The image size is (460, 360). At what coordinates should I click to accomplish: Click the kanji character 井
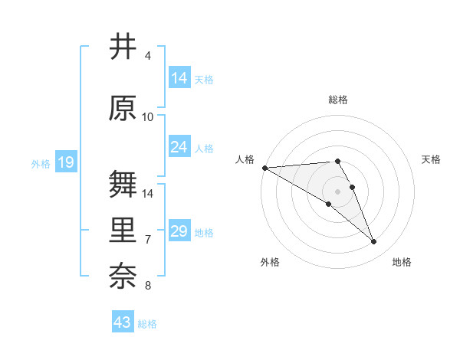[123, 46]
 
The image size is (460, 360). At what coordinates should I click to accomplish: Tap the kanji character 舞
[123, 184]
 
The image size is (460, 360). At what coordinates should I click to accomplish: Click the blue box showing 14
[179, 78]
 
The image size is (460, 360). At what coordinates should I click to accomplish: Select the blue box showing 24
[179, 147]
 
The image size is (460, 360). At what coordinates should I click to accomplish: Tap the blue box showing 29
[179, 231]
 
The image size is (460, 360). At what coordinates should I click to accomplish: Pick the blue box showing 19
[65, 162]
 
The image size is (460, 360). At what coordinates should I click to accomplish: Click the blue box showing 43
[122, 322]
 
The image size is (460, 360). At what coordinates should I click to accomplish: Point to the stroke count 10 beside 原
[148, 117]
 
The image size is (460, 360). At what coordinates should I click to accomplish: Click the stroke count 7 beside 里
[148, 240]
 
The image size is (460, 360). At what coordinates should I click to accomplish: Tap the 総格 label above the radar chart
[337, 100]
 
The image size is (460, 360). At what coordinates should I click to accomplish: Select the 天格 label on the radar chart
[431, 159]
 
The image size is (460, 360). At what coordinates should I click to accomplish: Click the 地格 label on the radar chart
[402, 262]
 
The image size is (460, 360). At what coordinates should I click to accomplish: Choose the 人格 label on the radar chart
[245, 159]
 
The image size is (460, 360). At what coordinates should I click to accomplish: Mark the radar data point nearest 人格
[264, 168]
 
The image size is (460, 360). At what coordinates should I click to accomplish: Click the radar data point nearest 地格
[374, 242]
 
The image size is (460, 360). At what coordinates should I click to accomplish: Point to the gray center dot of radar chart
[337, 191]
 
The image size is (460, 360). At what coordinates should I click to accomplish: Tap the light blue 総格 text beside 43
[147, 324]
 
